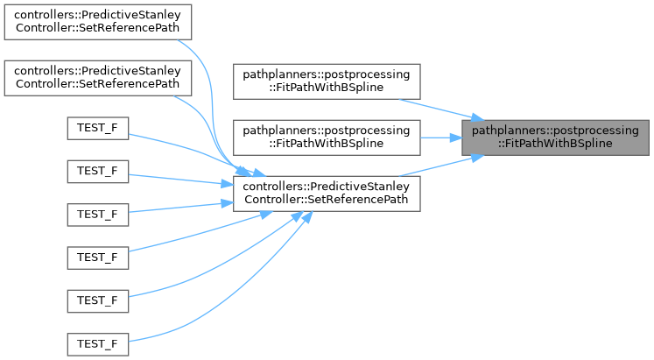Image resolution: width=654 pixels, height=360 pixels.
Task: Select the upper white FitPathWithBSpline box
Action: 326,81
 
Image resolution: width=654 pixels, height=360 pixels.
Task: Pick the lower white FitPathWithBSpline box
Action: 326,137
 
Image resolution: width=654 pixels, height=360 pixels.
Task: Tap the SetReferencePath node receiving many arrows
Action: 326,193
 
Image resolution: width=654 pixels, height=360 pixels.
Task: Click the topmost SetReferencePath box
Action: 97,25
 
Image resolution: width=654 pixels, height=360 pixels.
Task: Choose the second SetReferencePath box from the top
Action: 97,77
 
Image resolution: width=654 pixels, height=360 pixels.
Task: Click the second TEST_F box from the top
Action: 97,170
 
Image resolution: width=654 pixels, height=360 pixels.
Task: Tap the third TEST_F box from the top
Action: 97,214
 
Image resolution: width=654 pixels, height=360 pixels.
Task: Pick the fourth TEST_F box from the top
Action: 97,258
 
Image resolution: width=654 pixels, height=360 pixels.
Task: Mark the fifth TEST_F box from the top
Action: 97,300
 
